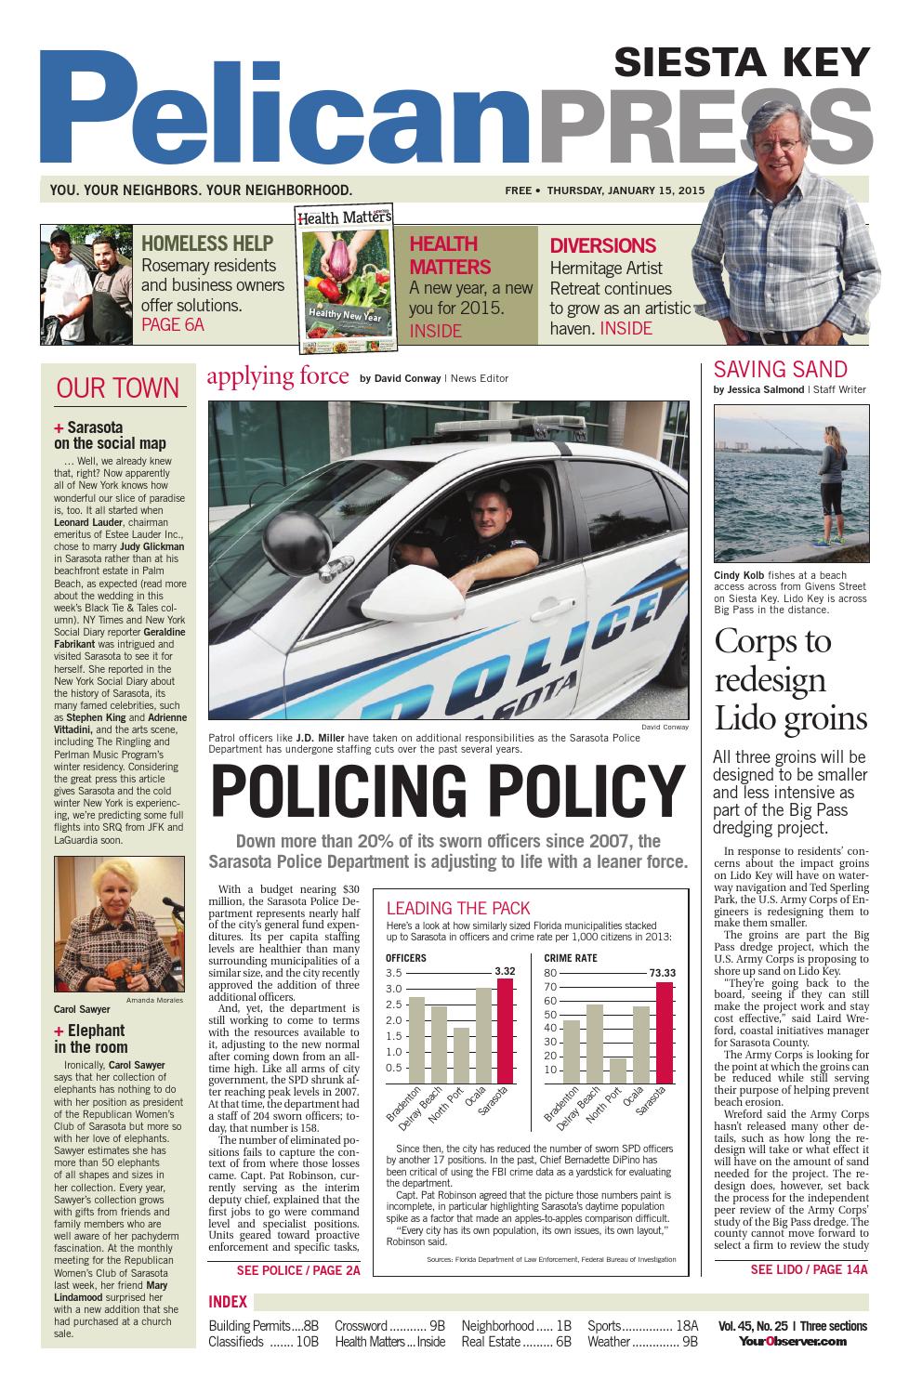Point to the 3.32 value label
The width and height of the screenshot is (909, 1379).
tap(505, 971)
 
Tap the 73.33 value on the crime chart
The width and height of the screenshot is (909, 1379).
tap(663, 973)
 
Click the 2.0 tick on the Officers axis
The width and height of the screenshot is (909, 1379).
tap(394, 1020)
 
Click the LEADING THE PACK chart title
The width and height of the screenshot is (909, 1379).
tap(458, 909)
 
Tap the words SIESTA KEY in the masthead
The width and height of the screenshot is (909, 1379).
tap(742, 63)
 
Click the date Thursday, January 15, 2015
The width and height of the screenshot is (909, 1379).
tap(626, 190)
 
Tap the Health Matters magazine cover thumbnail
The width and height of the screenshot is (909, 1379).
tap(346, 280)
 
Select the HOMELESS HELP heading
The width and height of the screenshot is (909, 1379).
tap(207, 244)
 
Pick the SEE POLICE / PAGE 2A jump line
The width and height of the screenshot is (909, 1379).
tap(297, 1269)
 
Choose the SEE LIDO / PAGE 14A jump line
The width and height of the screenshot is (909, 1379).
tap(808, 1269)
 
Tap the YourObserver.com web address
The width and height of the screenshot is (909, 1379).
tap(793, 1341)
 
